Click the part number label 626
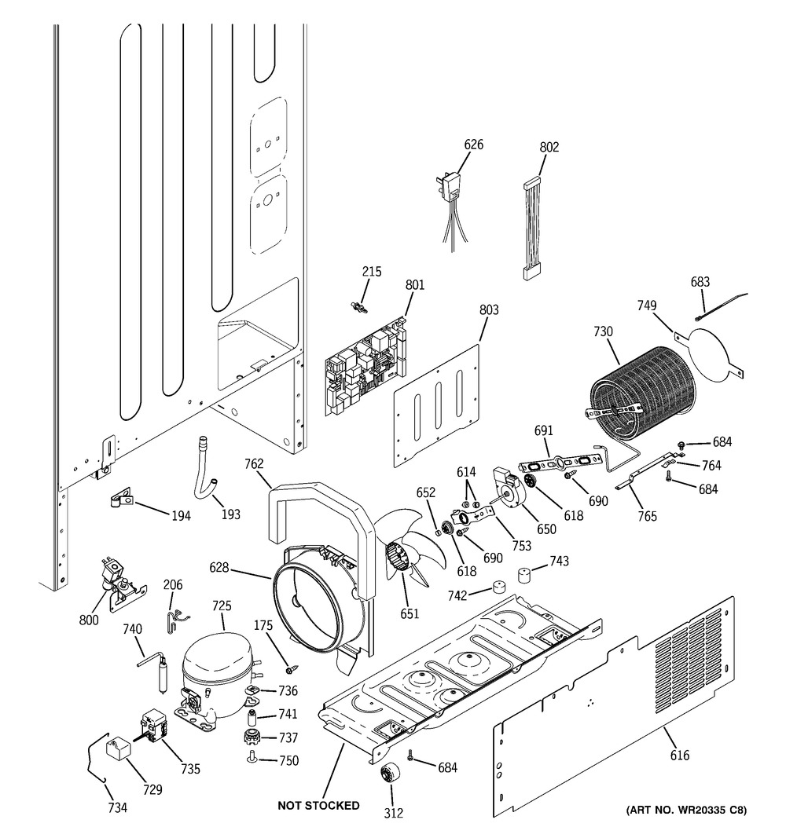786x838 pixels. coord(473,145)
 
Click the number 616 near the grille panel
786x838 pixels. coord(679,756)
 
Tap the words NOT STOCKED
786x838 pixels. coord(318,805)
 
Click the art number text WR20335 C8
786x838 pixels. coord(686,810)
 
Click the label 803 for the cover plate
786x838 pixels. coord(489,310)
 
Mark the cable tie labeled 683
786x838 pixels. coord(723,306)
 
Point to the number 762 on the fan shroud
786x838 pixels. coord(254,463)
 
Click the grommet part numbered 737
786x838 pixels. coord(251,738)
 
